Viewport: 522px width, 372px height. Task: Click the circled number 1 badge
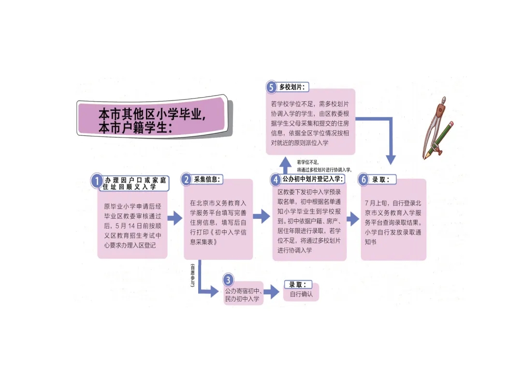[97, 181]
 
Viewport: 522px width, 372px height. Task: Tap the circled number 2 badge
[187, 180]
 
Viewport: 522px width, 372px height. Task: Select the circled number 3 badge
[228, 280]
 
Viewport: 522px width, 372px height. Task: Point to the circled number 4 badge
[275, 180]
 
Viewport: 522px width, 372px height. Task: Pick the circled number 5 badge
[271, 87]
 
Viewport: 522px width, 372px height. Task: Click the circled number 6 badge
[363, 180]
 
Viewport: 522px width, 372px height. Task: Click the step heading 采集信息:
[207, 179]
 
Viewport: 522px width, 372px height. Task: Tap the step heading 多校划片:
[292, 87]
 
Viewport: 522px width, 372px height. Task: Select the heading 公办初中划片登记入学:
[313, 179]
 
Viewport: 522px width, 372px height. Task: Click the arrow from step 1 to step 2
[175, 218]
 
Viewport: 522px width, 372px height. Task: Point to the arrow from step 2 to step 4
[261, 216]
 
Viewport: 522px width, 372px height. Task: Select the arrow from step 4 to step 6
[353, 219]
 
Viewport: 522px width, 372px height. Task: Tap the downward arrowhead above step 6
[391, 160]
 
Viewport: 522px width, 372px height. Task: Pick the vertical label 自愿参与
[192, 275]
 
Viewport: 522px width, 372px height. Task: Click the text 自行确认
[301, 294]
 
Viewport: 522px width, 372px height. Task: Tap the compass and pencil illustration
[437, 128]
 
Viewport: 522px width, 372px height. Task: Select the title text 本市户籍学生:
[135, 128]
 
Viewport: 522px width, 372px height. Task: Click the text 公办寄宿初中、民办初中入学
[243, 295]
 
